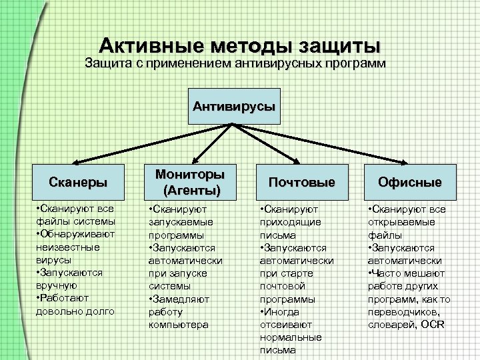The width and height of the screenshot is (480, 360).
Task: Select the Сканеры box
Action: click(x=78, y=181)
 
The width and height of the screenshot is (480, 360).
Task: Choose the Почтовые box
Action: click(x=301, y=181)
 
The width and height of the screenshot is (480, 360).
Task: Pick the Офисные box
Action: click(x=410, y=181)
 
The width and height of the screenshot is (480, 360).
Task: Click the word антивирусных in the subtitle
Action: click(x=280, y=65)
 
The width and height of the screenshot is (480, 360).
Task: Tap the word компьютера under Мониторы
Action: click(x=178, y=325)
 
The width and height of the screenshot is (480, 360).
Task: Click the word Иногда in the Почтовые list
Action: click(x=281, y=312)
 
